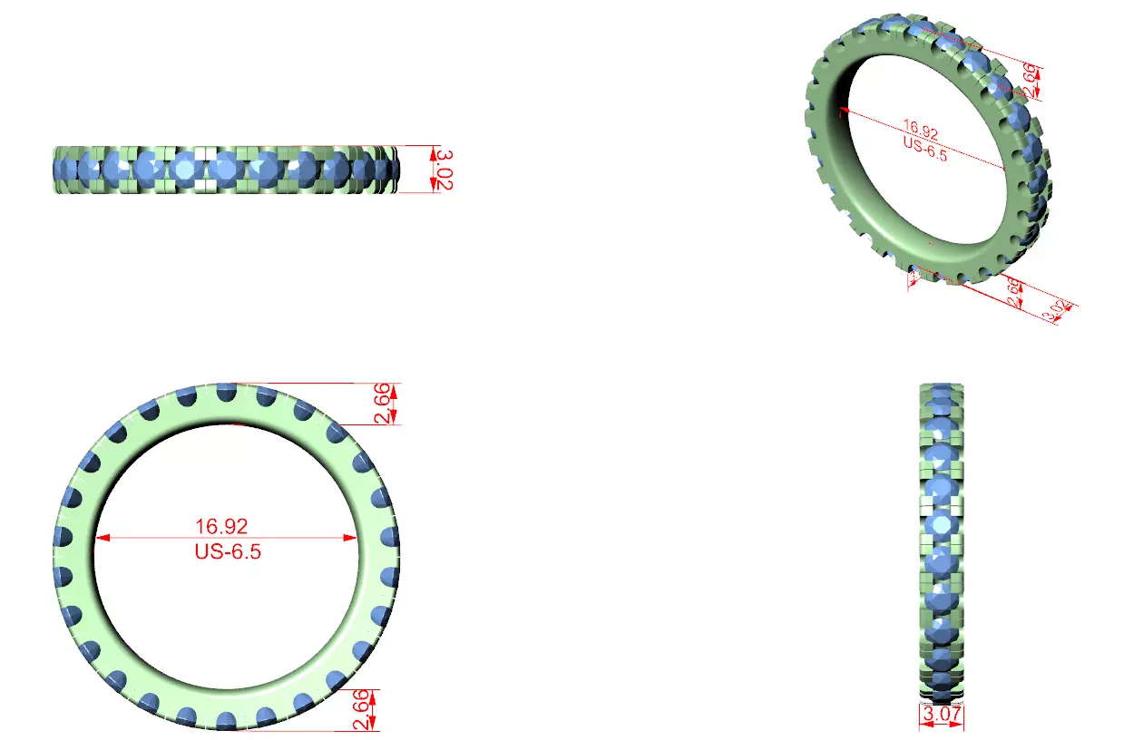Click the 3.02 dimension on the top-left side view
pos(444,170)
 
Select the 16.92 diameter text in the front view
pos(221,526)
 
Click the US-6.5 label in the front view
pos(228,550)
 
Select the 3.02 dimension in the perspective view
pos(1055,310)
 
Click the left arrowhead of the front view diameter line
pos(103,538)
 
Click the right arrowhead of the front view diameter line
pos(352,538)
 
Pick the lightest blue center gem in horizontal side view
pos(188,169)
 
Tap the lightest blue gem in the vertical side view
pos(942,524)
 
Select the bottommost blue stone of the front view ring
pos(225,720)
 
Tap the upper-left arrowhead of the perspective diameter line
pos(843,111)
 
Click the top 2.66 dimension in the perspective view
pos(1031,80)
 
